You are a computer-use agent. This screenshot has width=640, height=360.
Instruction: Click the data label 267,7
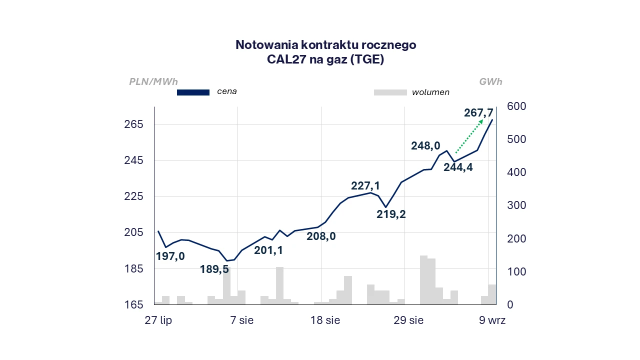478,113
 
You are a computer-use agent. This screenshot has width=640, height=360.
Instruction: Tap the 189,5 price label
214,269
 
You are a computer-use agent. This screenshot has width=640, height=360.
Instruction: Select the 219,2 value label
391,214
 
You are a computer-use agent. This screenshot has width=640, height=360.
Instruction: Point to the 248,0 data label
425,146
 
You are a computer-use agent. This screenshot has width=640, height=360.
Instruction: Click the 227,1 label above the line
365,186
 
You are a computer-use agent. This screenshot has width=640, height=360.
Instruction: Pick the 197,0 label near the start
170,256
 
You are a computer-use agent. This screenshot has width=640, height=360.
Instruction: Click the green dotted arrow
469,136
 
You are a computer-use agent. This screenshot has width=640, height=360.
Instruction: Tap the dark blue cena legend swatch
193,92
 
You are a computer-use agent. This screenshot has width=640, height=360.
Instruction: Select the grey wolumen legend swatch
390,92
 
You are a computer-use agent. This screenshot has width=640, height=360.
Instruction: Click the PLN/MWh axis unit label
153,81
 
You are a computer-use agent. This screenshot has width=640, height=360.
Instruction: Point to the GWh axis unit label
490,81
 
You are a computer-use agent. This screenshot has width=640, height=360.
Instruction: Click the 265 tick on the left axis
133,124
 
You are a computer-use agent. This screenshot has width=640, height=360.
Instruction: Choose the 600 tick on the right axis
516,106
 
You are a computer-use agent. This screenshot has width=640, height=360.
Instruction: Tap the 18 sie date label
325,320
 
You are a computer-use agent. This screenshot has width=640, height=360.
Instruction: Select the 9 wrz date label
492,320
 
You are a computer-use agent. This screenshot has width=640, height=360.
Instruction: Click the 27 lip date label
158,320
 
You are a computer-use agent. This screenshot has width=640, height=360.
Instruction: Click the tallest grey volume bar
423,280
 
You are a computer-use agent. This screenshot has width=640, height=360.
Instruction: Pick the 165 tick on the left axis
133,305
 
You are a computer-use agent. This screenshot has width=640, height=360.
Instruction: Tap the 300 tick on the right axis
516,205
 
